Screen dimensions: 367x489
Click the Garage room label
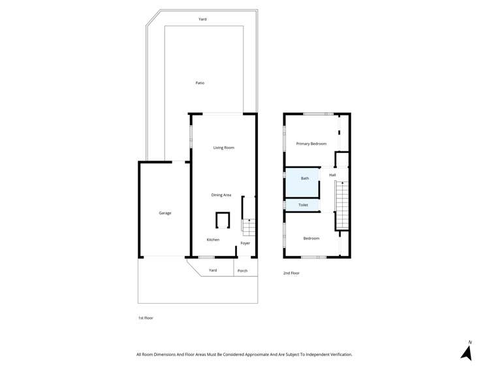click(x=165, y=213)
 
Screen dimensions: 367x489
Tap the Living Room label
click(x=223, y=148)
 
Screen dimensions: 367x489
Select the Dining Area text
click(x=221, y=195)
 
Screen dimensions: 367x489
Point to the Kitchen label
click(x=213, y=240)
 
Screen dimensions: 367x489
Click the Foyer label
click(x=245, y=243)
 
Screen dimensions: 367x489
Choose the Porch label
click(x=242, y=270)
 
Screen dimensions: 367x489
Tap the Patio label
click(x=200, y=83)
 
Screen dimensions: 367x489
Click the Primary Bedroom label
click(x=311, y=144)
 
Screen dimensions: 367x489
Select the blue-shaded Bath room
click(x=302, y=182)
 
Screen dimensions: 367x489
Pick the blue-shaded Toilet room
click(x=302, y=205)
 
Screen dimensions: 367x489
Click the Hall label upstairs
click(x=332, y=175)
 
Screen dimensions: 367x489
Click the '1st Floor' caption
click(x=145, y=318)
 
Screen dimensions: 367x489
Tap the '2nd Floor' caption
click(x=291, y=273)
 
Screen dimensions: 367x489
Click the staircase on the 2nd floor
click(x=342, y=205)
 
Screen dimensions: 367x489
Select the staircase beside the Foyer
click(x=247, y=226)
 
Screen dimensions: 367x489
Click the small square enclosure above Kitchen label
click(x=223, y=220)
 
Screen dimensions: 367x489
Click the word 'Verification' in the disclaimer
click(x=338, y=355)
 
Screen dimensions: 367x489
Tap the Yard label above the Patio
click(x=202, y=19)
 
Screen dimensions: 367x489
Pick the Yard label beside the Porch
click(x=212, y=270)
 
